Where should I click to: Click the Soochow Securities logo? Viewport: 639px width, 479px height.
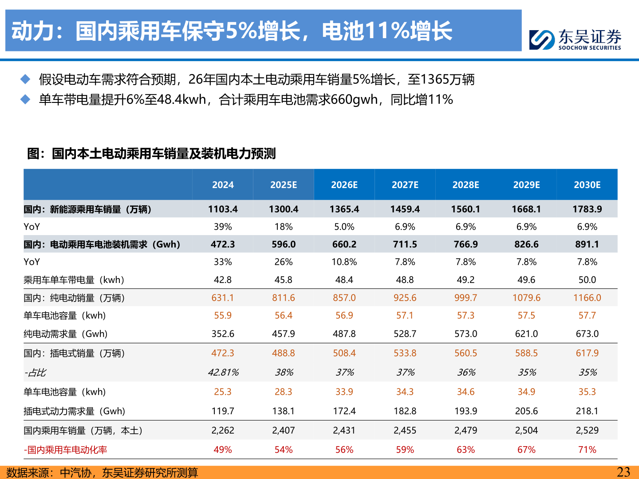tap(575, 39)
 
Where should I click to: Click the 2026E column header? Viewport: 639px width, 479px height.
tap(344, 185)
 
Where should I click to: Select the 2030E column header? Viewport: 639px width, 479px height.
tap(587, 185)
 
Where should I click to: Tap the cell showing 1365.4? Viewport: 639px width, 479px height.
tap(344, 209)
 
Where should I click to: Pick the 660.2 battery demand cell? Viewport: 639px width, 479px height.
tap(344, 244)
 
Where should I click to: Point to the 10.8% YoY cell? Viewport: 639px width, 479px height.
tap(344, 262)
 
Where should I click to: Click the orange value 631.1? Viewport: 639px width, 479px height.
tap(223, 298)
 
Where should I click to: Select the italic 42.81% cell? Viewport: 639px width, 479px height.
tap(223, 373)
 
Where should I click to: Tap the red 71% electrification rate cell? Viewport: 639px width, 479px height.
tap(587, 450)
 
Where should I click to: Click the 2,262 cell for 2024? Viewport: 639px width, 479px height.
tap(223, 430)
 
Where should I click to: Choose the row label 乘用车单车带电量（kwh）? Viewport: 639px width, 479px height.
tap(74, 280)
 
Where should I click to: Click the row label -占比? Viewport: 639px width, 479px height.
tap(35, 373)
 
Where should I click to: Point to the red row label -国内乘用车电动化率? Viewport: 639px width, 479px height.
tap(65, 450)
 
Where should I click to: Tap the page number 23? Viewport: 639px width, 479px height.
tap(623, 472)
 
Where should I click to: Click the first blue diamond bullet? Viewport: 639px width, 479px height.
tap(25, 79)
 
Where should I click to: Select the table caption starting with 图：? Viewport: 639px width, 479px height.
tap(151, 153)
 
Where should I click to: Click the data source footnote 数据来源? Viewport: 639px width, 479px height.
tap(102, 472)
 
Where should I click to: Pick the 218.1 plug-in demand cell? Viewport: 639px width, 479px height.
tap(587, 411)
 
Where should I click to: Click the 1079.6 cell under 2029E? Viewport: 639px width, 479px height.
tap(526, 298)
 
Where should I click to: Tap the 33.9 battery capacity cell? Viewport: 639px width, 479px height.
tap(344, 392)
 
